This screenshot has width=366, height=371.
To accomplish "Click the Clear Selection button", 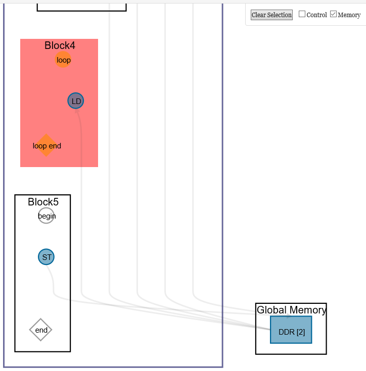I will [x=271, y=15].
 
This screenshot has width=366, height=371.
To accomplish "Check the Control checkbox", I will [x=302, y=14].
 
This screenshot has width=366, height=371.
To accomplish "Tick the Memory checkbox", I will [x=333, y=14].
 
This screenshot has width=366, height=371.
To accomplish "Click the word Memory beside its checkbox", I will [x=349, y=15].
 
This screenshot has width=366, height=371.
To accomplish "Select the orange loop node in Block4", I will [x=63, y=60].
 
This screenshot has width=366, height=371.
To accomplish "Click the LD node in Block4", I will [x=76, y=101].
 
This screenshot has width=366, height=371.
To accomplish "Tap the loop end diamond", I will [x=46, y=145].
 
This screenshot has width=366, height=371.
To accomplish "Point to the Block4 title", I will [x=60, y=45].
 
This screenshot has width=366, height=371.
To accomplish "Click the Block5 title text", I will [x=43, y=202].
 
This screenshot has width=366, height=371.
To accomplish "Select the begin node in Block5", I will [x=47, y=216].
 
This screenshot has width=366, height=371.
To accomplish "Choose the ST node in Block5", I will [x=47, y=257].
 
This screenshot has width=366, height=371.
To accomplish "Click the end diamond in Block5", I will [x=41, y=330].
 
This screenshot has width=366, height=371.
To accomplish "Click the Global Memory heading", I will [x=291, y=310].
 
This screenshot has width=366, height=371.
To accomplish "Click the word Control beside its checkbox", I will [x=317, y=15].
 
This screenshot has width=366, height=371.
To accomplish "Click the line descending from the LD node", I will [x=81, y=202].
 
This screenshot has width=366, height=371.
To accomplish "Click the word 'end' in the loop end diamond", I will [x=55, y=146].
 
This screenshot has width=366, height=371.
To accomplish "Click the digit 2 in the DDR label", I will [x=300, y=332].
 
